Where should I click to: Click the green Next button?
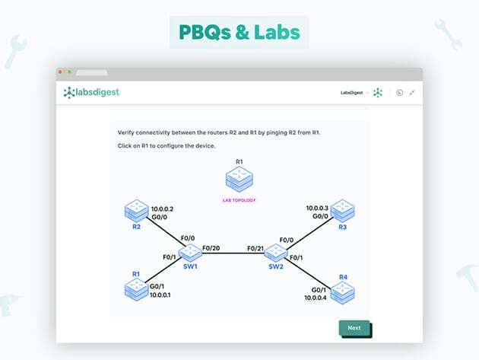pyautogui.click(x=354, y=328)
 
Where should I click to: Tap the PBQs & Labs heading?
pyautogui.click(x=239, y=33)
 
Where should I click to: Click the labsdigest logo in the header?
pyautogui.click(x=91, y=93)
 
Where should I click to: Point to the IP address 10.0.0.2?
pyautogui.click(x=163, y=208)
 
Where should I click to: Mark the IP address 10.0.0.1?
pyautogui.click(x=159, y=295)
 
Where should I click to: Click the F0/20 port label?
pyautogui.click(x=212, y=249)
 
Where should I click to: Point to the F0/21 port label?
pyautogui.click(x=256, y=249)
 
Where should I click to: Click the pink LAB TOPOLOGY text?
pyautogui.click(x=239, y=200)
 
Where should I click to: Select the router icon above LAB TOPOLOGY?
pyautogui.click(x=239, y=180)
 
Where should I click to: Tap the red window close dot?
pyautogui.click(x=60, y=72)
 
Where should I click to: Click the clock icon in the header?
pyautogui.click(x=399, y=93)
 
